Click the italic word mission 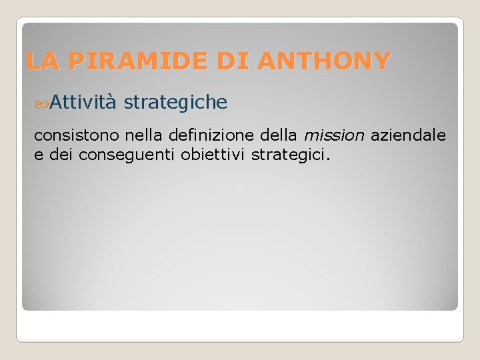334,136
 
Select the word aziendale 409,136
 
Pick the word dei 61,155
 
